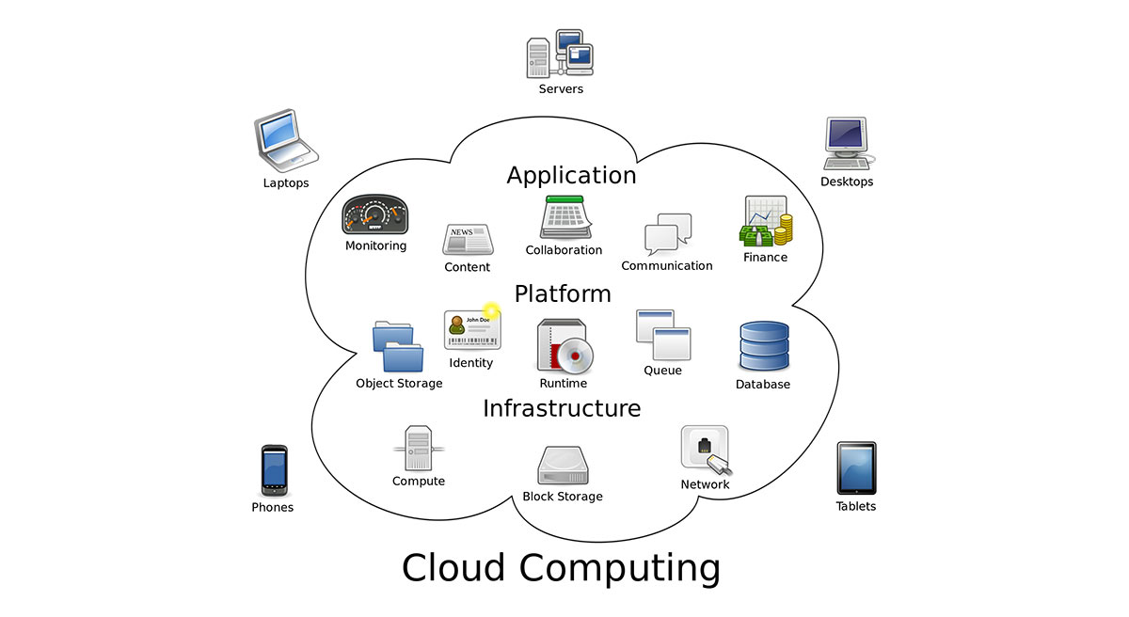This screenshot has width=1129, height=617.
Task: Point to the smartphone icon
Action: pyautogui.click(x=273, y=470)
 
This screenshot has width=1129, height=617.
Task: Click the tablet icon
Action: pyautogui.click(x=856, y=467)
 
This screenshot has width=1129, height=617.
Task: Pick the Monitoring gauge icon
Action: pyautogui.click(x=375, y=216)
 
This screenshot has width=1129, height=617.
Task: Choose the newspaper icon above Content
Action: pyautogui.click(x=468, y=240)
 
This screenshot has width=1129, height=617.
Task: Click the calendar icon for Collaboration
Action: pyautogui.click(x=564, y=218)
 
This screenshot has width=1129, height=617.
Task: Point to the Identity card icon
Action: pyautogui.click(x=472, y=329)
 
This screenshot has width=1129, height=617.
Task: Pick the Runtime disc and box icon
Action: pyautogui.click(x=564, y=346)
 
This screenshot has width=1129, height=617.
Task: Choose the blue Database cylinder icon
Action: pyautogui.click(x=763, y=346)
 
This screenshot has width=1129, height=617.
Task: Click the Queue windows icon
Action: pyautogui.click(x=663, y=335)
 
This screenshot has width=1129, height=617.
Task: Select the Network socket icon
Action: pyautogui.click(x=706, y=450)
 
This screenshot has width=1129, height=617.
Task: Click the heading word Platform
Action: pyautogui.click(x=563, y=293)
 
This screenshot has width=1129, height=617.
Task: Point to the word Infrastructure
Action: pyautogui.click(x=562, y=408)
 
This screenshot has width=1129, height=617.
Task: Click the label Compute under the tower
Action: pyautogui.click(x=419, y=481)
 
